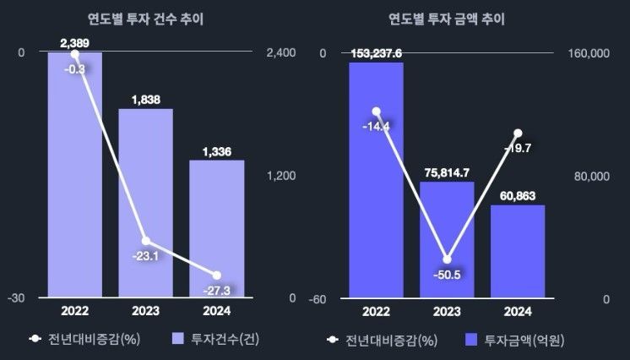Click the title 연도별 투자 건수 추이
(x=145, y=19)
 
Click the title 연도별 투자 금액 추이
(x=447, y=19)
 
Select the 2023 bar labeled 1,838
(x=145, y=203)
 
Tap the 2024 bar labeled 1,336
(x=216, y=228)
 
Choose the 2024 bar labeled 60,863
(x=518, y=251)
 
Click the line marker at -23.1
(x=145, y=241)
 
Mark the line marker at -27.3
(x=217, y=275)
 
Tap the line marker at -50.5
(x=447, y=259)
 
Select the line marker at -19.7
(x=518, y=133)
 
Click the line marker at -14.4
(x=377, y=112)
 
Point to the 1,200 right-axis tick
(x=280, y=176)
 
